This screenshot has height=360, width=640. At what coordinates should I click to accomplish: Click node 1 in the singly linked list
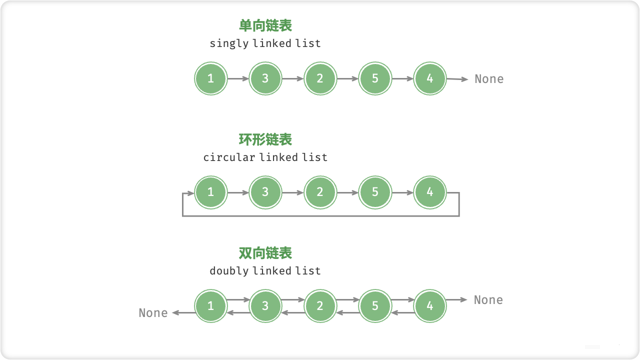210,78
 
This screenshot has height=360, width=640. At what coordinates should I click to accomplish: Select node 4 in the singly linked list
430,78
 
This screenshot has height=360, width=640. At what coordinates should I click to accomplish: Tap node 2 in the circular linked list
320,192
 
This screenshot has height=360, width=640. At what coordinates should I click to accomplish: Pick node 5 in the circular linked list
375,192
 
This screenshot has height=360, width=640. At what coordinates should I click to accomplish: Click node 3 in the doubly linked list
265,305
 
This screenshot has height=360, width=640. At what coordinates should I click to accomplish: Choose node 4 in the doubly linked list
430,305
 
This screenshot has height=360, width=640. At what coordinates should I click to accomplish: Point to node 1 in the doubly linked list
210,305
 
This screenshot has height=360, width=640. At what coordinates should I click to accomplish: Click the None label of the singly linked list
489,79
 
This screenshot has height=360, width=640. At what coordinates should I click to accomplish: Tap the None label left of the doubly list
153,313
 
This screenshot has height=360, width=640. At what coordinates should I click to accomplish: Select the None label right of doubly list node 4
488,300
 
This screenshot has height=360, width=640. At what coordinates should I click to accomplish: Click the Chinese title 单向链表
265,25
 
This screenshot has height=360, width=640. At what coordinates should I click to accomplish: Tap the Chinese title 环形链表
265,139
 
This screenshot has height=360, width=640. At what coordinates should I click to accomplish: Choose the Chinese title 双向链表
265,253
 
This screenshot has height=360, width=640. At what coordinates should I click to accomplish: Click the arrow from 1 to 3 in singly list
238,78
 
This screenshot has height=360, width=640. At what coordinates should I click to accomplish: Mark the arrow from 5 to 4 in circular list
402,192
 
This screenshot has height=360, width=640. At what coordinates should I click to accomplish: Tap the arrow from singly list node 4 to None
457,79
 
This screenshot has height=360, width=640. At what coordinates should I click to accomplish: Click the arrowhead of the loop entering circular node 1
191,192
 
